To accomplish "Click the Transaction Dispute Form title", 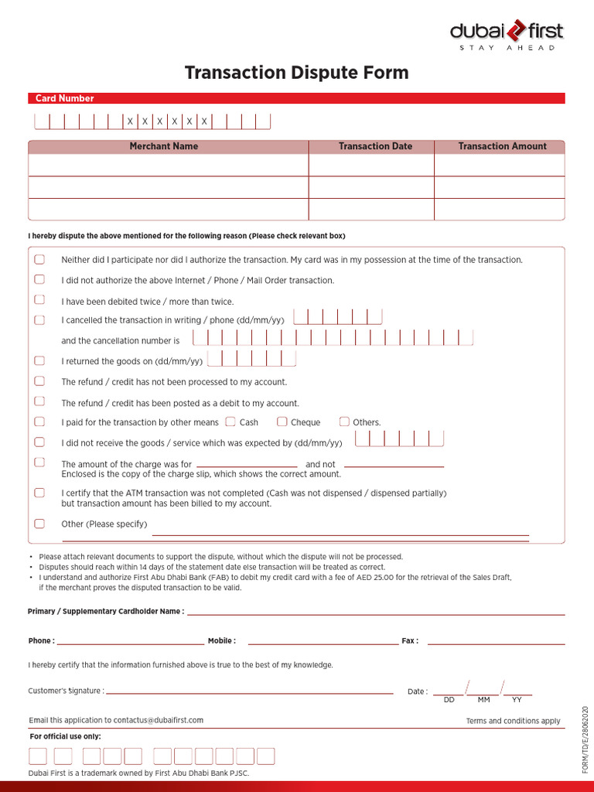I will click(296, 73).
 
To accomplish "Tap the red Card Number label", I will click(64, 98).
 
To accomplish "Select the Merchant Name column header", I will click(164, 146).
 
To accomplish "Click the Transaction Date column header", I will click(375, 146).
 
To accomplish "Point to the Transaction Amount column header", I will click(502, 146).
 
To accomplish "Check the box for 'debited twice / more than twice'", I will click(39, 299).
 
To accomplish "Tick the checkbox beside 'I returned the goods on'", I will click(39, 360).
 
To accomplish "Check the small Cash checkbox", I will click(230, 422).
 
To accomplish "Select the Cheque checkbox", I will click(282, 422).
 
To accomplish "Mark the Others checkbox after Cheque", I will click(344, 422).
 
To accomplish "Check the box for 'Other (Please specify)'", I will click(39, 524).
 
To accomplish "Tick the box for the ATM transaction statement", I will click(39, 493).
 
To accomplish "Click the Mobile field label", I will click(221, 641).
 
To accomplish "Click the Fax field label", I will click(410, 641).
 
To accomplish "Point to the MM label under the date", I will click(484, 700).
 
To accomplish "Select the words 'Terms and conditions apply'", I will click(513, 721).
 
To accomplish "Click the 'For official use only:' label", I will click(65, 736).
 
